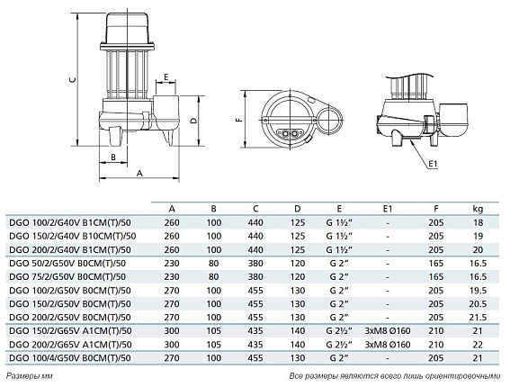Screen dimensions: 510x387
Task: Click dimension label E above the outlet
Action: point(166,77)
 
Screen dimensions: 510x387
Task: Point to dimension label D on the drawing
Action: point(193,121)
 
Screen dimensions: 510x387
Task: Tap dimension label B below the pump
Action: point(113,157)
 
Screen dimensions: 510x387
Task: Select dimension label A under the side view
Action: point(139,173)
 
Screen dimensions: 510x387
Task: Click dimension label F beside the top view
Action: point(240,120)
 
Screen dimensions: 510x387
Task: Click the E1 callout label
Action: point(433,164)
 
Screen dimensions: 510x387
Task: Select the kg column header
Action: point(478,210)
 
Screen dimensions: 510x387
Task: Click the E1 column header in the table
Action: point(388,209)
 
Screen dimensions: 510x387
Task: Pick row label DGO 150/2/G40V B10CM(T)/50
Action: point(73,236)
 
